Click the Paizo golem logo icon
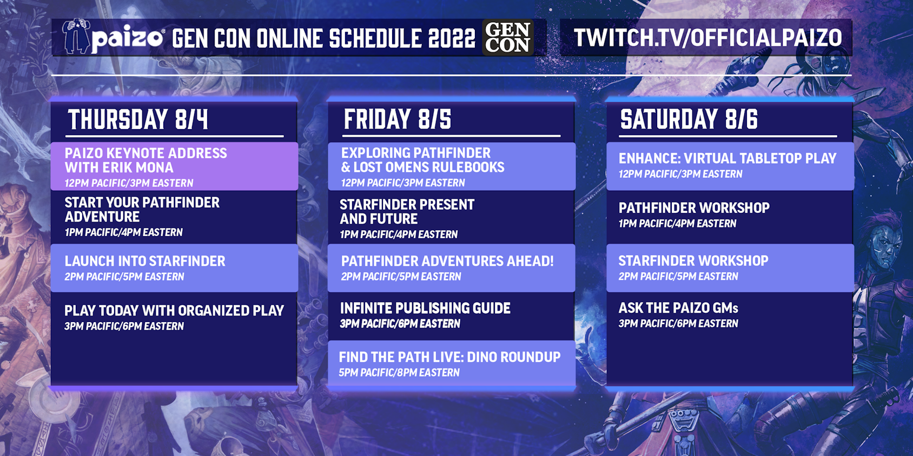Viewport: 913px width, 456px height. pos(76,36)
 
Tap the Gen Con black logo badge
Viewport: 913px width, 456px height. pos(508,37)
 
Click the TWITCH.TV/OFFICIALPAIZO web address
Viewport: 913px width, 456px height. pos(707,37)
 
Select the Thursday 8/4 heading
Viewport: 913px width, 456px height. pos(138,119)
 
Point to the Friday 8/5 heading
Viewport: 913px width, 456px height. pos(398,119)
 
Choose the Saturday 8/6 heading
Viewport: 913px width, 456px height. pos(689,119)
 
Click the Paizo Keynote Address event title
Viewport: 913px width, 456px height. pos(145,160)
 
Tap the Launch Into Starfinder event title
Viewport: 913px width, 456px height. pos(145,261)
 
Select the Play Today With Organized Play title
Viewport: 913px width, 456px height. pos(174,311)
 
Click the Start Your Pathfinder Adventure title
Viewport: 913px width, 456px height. pos(142,210)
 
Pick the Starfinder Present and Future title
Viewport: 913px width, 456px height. pos(407,212)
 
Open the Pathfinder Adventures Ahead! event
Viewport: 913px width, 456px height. pos(447,261)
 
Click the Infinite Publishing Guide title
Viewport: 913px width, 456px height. pos(425,308)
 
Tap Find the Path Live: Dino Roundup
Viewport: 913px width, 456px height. pos(449,357)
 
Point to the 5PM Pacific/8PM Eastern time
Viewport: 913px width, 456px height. pos(399,373)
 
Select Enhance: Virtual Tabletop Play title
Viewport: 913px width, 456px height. pos(727,158)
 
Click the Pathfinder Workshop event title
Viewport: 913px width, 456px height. pos(694,208)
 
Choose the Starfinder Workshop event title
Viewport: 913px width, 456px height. pos(693,261)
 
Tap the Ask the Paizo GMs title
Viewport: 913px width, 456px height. pos(678,308)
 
